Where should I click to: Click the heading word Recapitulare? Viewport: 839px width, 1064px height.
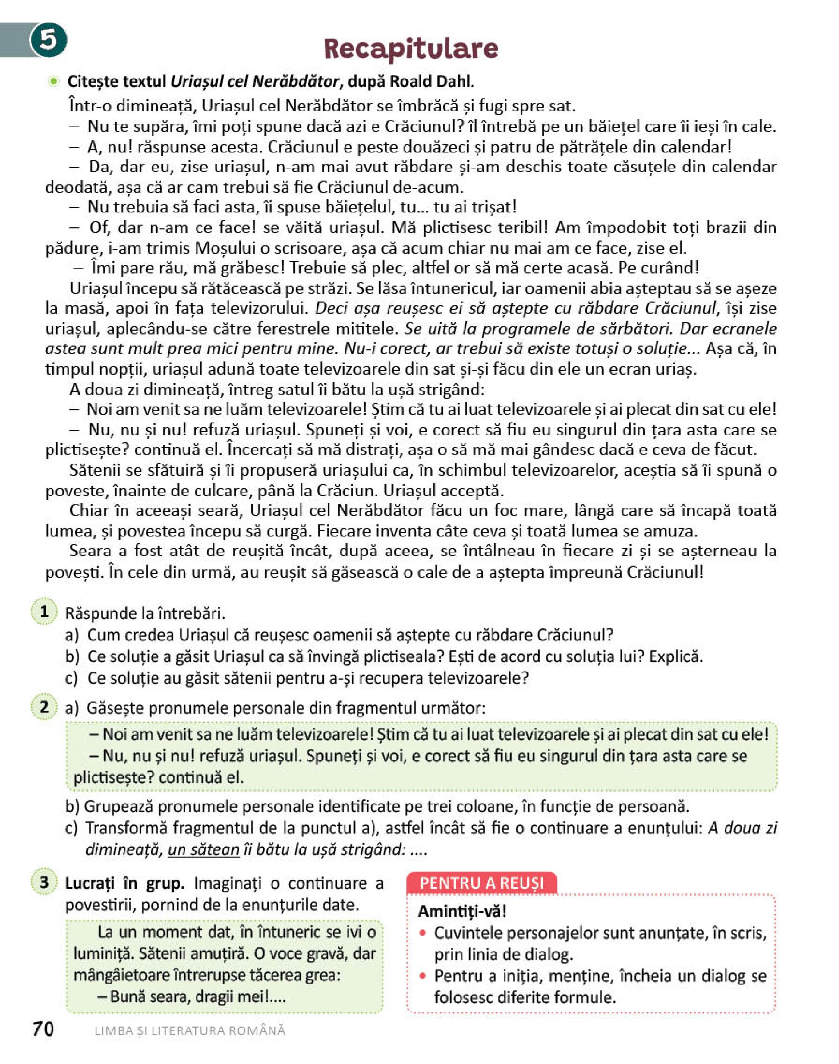tap(410, 49)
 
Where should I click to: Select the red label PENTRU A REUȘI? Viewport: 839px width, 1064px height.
tap(482, 883)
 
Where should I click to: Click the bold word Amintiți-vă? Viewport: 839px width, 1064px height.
tap(462, 911)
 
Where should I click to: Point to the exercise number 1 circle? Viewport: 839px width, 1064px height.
tap(44, 612)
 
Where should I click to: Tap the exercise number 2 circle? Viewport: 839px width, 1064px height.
tap(44, 707)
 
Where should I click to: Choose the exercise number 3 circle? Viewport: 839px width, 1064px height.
tap(44, 882)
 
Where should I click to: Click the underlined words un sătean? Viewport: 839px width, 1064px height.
tap(203, 850)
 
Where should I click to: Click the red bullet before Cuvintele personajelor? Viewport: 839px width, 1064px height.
tap(423, 933)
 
